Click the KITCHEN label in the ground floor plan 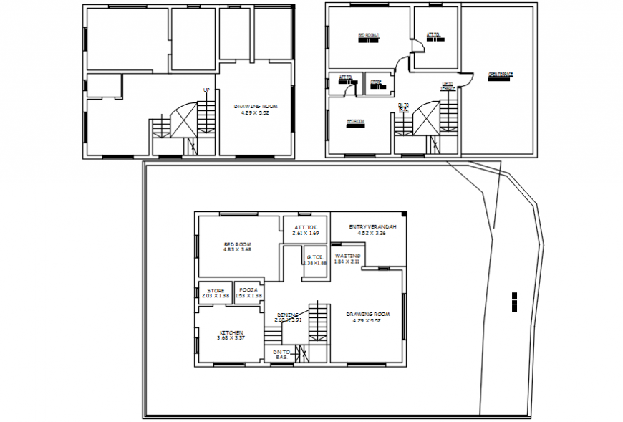(x=231, y=332)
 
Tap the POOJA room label (x=248, y=289)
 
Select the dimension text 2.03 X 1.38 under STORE (x=216, y=296)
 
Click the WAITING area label (x=348, y=255)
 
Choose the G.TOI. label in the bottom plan (x=315, y=256)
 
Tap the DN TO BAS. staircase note (x=281, y=354)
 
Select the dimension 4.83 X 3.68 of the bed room (x=238, y=249)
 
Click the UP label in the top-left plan (x=206, y=90)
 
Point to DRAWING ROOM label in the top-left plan (x=256, y=106)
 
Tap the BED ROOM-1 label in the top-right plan (x=368, y=36)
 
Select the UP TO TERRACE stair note (x=448, y=86)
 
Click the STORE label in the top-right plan (x=376, y=82)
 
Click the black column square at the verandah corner (x=405, y=214)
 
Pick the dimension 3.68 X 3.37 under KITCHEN (x=231, y=338)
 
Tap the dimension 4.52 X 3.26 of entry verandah (x=367, y=233)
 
